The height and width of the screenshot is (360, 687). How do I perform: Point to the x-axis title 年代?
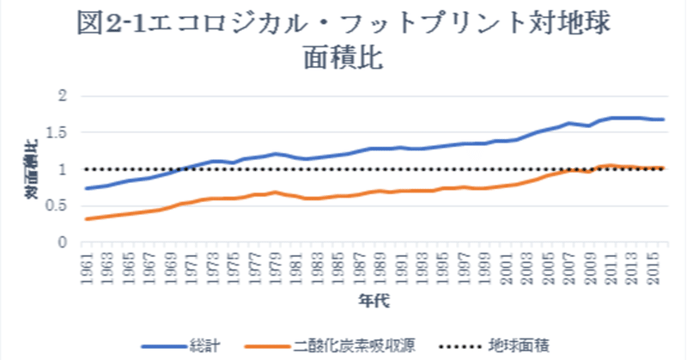[x=371, y=302]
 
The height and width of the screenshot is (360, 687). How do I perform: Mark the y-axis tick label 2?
[x=61, y=96]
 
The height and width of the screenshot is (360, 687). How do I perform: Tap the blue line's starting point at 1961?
[x=86, y=188]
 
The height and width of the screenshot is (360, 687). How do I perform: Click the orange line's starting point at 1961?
[x=86, y=219]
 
